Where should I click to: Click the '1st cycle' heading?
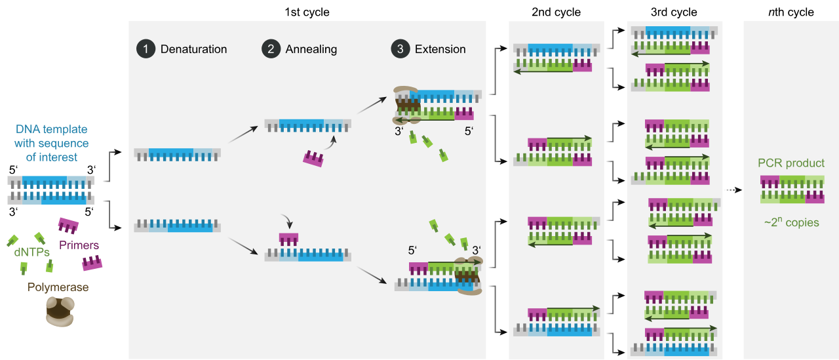pos(307,12)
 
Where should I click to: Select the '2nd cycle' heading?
pos(556,12)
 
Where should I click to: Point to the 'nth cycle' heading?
pos(790,12)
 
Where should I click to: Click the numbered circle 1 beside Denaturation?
pos(144,49)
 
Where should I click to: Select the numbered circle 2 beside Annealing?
pos(269,49)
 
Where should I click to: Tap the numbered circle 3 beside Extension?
pos(399,49)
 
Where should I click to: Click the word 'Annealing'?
pos(311,49)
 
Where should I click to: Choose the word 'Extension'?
pos(440,49)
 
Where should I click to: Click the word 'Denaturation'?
pos(193,49)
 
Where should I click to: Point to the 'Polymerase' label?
pos(58,287)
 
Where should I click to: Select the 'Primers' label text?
pos(79,245)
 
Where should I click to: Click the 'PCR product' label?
pos(791,163)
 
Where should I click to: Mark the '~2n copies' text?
pos(791,222)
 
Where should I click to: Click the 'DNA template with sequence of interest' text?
pos(51,143)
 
